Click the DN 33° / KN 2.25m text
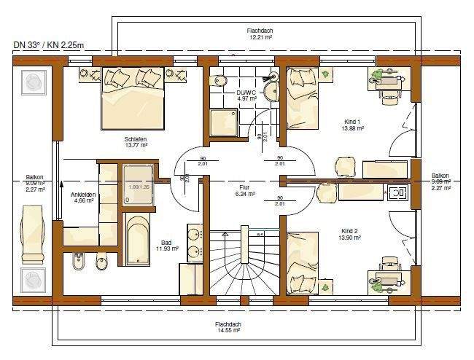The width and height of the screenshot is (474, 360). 48,44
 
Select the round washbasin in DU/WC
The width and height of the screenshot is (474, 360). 271,90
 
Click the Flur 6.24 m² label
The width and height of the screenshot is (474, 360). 245,191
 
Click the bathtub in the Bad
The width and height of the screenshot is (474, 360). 138,240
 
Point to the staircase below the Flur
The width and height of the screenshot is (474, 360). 242,262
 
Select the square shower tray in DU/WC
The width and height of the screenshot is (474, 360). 223,122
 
